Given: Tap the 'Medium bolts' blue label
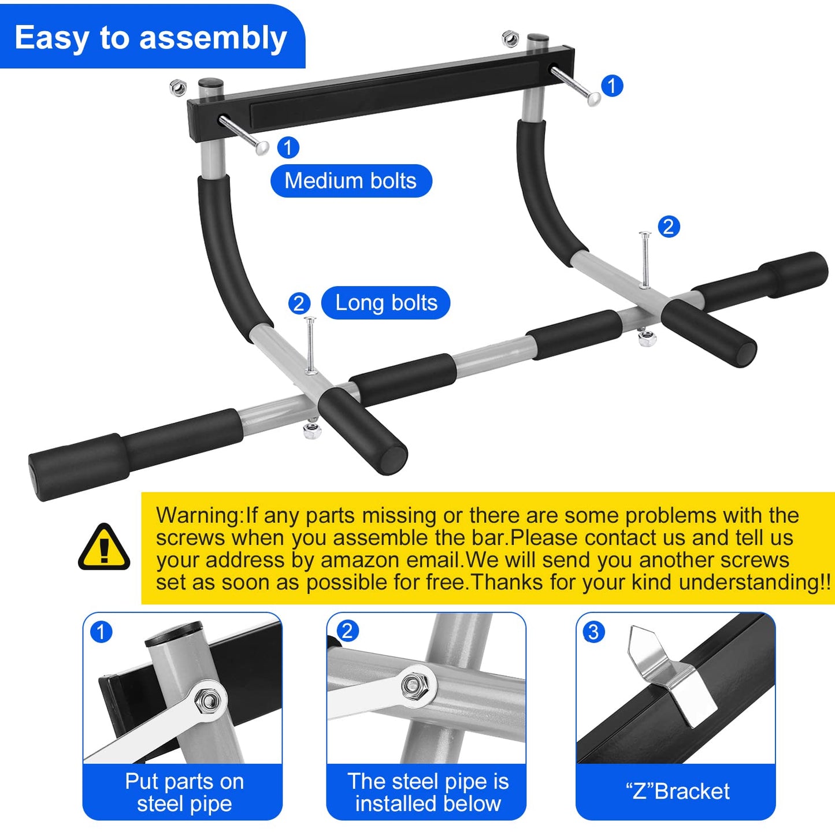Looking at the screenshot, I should (351, 181).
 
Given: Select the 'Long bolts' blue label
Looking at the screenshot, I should (386, 303).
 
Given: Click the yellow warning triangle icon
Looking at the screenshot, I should (104, 548).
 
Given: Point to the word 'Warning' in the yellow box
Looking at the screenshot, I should (198, 515).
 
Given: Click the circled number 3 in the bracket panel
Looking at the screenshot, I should (593, 632).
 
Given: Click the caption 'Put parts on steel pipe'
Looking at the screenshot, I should (184, 792).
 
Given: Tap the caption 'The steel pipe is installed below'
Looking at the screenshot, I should (428, 792).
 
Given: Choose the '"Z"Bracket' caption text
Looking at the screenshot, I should (677, 791).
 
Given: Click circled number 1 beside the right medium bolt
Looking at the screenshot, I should (612, 86).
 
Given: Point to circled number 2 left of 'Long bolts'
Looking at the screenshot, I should (299, 303).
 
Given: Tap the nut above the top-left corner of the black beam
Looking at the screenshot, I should (178, 88).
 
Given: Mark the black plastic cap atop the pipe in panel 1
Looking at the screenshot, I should (173, 634).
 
